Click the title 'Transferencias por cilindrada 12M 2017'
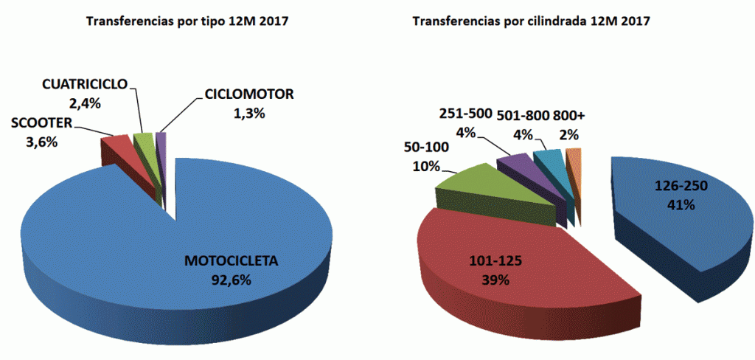(x=531, y=21)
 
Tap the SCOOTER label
(x=40, y=122)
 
